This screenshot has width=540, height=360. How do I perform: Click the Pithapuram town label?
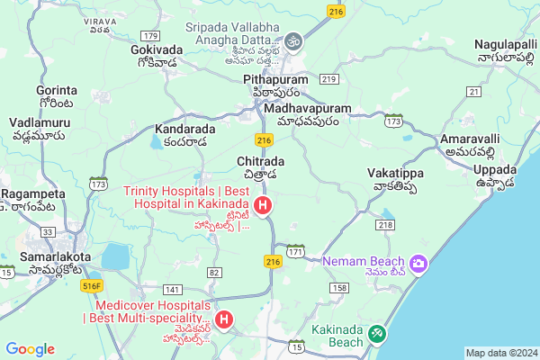coord(275,80)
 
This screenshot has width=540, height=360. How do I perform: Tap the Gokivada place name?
coord(158,49)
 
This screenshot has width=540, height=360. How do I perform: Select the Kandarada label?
coord(185,129)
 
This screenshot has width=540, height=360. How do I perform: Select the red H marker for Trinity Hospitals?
coord(263,206)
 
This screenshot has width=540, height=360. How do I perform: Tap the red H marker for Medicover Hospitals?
coord(224,319)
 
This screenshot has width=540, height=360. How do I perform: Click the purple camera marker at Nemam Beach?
coord(418,263)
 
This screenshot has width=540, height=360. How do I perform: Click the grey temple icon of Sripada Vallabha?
coord(293,40)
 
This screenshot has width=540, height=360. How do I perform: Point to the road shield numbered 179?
coord(150,34)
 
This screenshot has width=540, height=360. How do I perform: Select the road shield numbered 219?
coord(328,80)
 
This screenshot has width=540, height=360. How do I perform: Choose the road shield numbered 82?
coord(214,272)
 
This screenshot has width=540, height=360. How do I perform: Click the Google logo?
coord(30,348)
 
